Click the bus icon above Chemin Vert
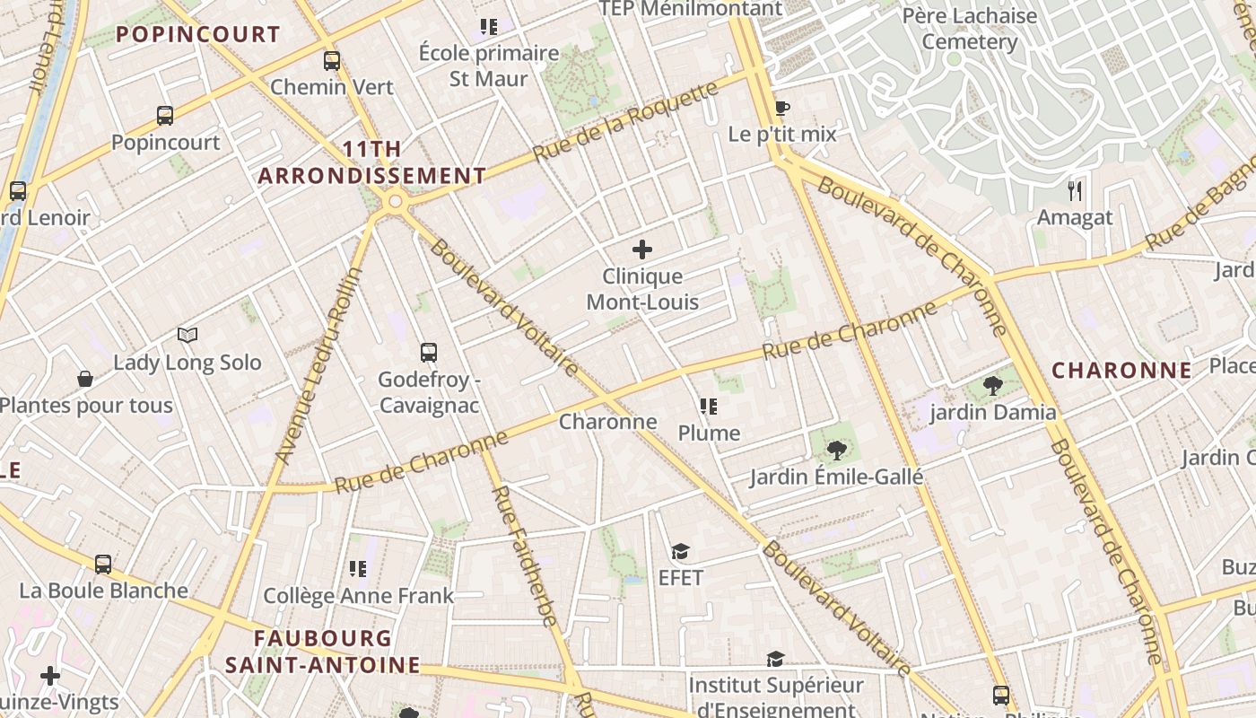tap(332, 61)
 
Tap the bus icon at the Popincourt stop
tap(165, 115)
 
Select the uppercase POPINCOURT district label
tap(198, 35)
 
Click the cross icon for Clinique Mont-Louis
tap(642, 250)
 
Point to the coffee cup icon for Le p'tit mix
tap(782, 109)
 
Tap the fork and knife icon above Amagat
tap(1075, 190)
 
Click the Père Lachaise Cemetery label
tap(970, 29)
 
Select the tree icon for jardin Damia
tap(992, 386)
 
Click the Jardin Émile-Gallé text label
tap(836, 477)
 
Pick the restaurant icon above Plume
tap(709, 407)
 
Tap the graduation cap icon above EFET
tap(681, 551)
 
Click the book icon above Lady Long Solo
tap(187, 336)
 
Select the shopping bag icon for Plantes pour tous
tap(85, 379)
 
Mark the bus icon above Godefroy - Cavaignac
tap(429, 353)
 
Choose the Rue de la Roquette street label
tap(625, 121)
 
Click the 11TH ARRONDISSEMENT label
tap(372, 162)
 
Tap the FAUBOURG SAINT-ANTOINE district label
tap(323, 652)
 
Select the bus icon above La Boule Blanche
tap(103, 565)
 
